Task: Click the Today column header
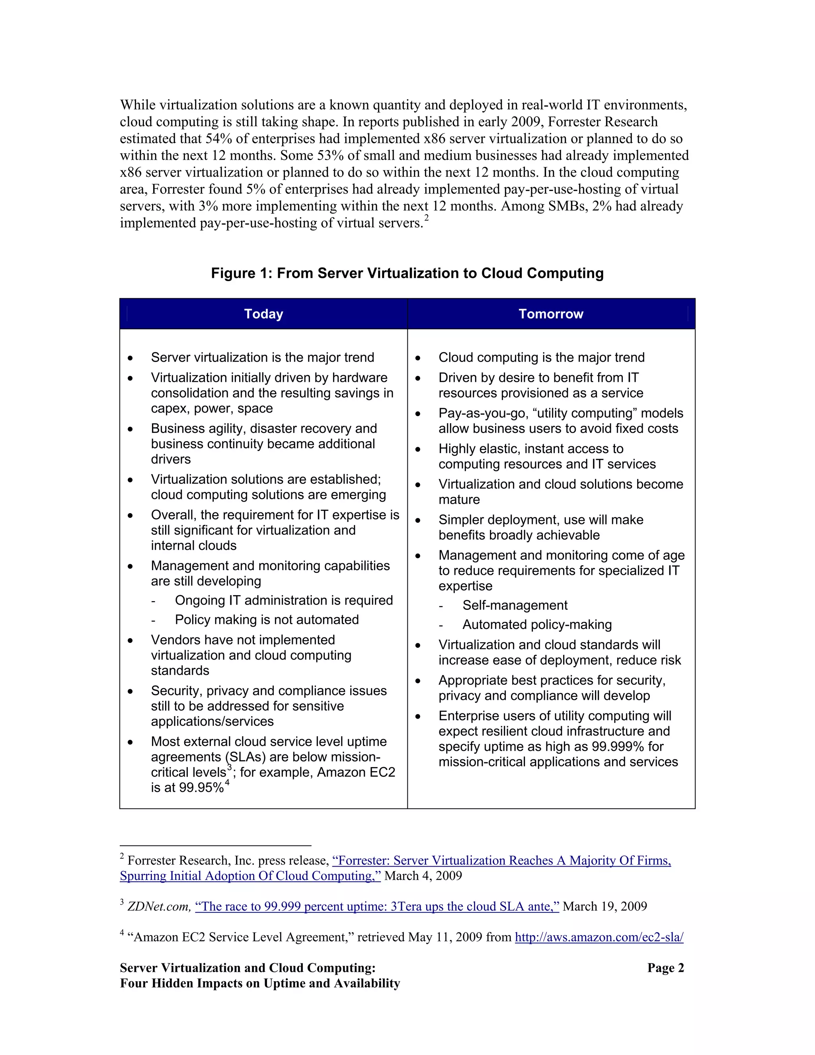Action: pyautogui.click(x=263, y=314)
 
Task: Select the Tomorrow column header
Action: pyautogui.click(x=551, y=314)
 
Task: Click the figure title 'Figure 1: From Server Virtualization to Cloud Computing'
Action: pyautogui.click(x=407, y=274)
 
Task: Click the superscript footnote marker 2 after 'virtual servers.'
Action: pyautogui.click(x=426, y=218)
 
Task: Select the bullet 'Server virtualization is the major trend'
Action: pyautogui.click(x=262, y=358)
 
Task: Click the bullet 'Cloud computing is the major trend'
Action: pyautogui.click(x=541, y=358)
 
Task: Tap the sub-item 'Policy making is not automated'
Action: pyautogui.click(x=267, y=620)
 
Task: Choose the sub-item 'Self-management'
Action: pyautogui.click(x=515, y=605)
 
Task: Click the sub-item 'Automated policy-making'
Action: pyautogui.click(x=537, y=625)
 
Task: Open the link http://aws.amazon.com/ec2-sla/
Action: pyautogui.click(x=599, y=937)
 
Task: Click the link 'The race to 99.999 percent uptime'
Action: pyautogui.click(x=376, y=906)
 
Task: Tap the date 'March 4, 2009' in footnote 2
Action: pyautogui.click(x=423, y=876)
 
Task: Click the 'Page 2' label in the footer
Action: pyautogui.click(x=665, y=968)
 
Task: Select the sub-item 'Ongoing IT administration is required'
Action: pyautogui.click(x=283, y=600)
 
